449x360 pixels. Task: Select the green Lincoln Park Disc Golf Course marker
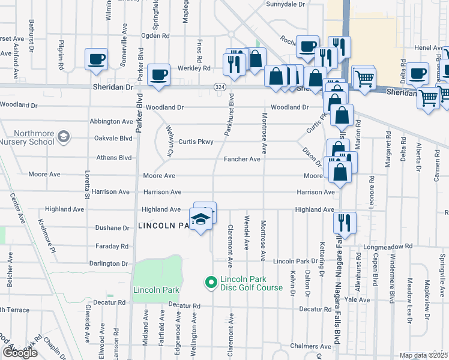(x=211, y=281)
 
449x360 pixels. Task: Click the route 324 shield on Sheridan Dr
(x=220, y=87)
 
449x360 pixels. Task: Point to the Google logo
(x=20, y=353)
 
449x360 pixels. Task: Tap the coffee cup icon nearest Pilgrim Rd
(x=96, y=59)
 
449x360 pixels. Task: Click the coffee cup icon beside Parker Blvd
(x=158, y=74)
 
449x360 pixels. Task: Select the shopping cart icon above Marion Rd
(x=364, y=77)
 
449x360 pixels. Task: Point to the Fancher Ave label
(x=242, y=159)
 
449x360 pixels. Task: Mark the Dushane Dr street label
(x=112, y=228)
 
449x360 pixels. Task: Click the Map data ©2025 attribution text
(x=424, y=355)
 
